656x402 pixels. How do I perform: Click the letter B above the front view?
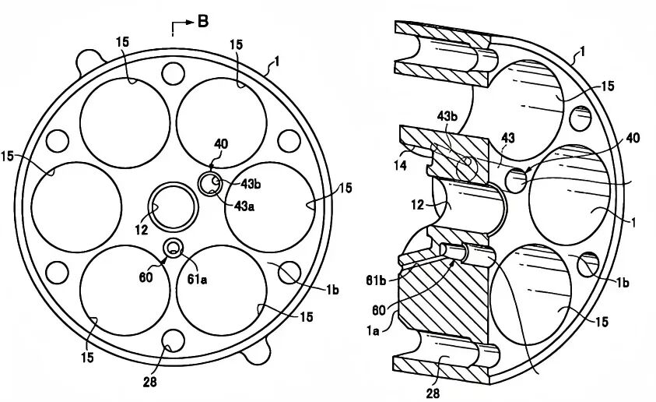(203, 21)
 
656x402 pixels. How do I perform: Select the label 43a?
(245, 206)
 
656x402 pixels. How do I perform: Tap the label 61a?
(197, 279)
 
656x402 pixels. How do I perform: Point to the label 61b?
(376, 280)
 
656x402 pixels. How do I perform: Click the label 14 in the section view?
(400, 165)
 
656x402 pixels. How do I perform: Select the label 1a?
(373, 331)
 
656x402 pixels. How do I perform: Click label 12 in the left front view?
(142, 229)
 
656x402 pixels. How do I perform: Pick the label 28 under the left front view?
(149, 382)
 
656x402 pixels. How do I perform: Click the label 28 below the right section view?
(433, 393)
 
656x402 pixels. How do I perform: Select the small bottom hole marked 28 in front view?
(173, 340)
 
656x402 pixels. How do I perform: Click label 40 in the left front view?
(221, 144)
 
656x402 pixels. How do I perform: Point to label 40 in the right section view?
(633, 138)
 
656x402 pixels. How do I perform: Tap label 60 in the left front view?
(146, 277)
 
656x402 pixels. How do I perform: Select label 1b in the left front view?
(332, 290)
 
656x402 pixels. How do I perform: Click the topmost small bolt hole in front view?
(173, 74)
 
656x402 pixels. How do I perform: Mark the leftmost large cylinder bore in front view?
(76, 207)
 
